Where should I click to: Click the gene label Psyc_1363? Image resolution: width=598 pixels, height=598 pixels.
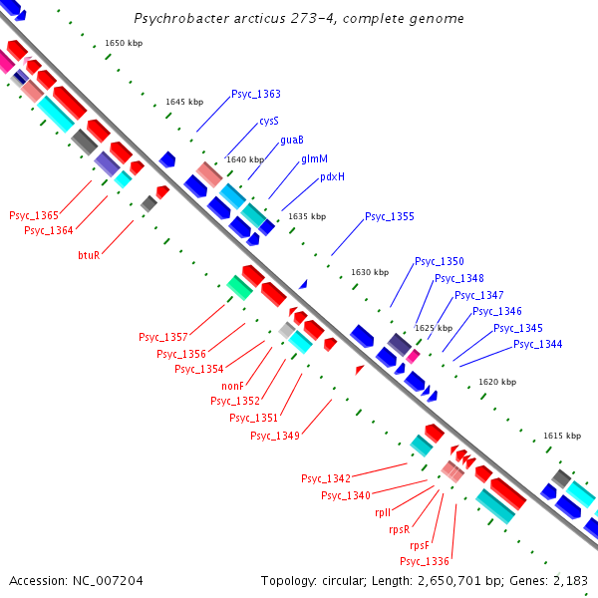coord(256,94)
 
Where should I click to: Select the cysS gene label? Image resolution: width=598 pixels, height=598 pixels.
coord(269,121)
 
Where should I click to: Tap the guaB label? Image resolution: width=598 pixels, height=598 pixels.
coord(292,140)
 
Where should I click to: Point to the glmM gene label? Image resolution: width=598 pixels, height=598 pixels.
coord(314,158)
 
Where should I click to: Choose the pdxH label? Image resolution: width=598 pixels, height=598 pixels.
coord(332,176)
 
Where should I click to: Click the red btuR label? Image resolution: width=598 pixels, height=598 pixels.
coord(89,255)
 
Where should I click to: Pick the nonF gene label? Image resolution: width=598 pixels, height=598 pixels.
coord(232,386)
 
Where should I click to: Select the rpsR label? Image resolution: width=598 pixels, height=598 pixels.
coord(400,529)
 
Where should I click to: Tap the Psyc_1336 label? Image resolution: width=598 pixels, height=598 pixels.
coord(425,561)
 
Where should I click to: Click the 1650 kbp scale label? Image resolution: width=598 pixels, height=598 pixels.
coord(124,43)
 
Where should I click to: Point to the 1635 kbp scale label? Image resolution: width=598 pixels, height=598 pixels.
coord(307,216)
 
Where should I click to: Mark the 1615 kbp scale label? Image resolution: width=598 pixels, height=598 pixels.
coord(562,436)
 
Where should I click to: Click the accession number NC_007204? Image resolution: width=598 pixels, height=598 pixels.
coord(108,581)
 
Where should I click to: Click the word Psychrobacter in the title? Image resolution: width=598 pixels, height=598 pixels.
coord(181,18)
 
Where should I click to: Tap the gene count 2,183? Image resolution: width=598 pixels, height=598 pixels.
coord(569,581)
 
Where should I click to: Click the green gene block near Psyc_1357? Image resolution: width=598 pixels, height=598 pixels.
coord(239,288)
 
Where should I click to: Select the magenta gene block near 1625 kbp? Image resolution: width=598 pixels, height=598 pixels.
coord(413,356)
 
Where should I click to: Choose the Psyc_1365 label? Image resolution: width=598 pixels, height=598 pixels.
coord(34,215)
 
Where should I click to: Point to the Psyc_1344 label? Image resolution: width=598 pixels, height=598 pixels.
coord(538,344)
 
